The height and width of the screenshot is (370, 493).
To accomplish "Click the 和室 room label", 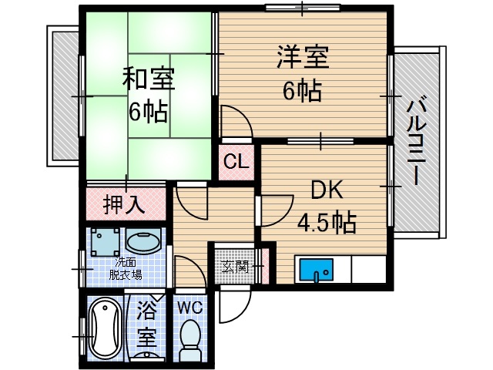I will tap(148, 79).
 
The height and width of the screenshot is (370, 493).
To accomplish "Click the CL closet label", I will tap(236, 163).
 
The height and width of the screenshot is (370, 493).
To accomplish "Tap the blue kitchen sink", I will tap(315, 272).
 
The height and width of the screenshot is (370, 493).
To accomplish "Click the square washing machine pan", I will tap(103, 242).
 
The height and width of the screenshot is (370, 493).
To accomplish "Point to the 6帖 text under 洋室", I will tap(301, 90).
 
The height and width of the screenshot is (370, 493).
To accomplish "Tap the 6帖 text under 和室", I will tap(148, 113).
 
